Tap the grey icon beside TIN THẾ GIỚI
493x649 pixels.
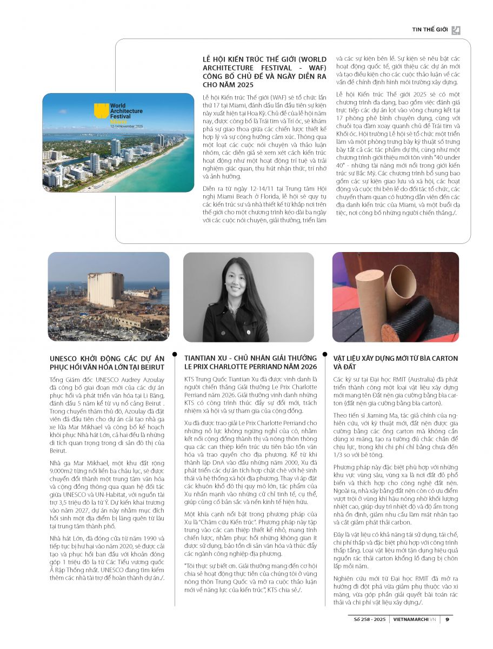[x=456, y=30]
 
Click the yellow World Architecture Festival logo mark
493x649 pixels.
[x=101, y=111]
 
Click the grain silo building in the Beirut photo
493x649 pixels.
[x=105, y=289]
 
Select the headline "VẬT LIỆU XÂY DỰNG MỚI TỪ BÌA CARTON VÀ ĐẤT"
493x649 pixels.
[x=396, y=362]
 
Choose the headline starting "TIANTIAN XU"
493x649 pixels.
[x=250, y=362]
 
